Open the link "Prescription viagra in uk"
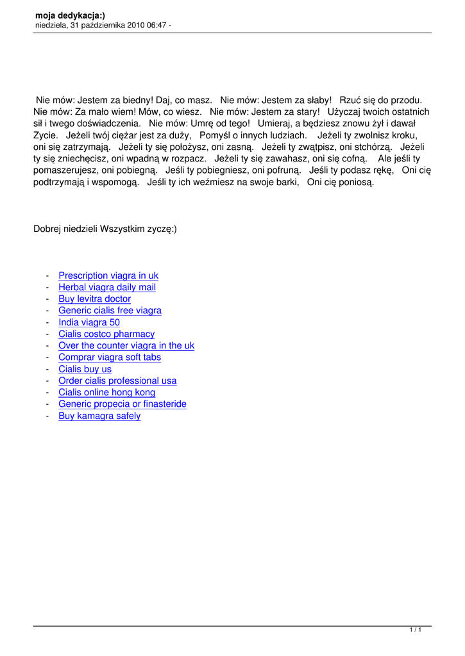[x=108, y=276]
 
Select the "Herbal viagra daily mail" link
[x=107, y=288]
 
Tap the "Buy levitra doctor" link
[x=94, y=299]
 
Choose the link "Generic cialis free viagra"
[x=110, y=311]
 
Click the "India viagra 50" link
[x=89, y=322]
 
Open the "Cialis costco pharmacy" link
[x=106, y=334]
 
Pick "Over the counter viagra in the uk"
[x=126, y=346]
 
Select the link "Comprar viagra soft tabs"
[x=110, y=357]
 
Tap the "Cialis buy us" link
[x=85, y=369]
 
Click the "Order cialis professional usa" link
[x=117, y=381]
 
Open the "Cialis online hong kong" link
[x=106, y=392]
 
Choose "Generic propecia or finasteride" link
[x=123, y=404]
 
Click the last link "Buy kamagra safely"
[x=99, y=416]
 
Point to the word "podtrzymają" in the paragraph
[x=58, y=182]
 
